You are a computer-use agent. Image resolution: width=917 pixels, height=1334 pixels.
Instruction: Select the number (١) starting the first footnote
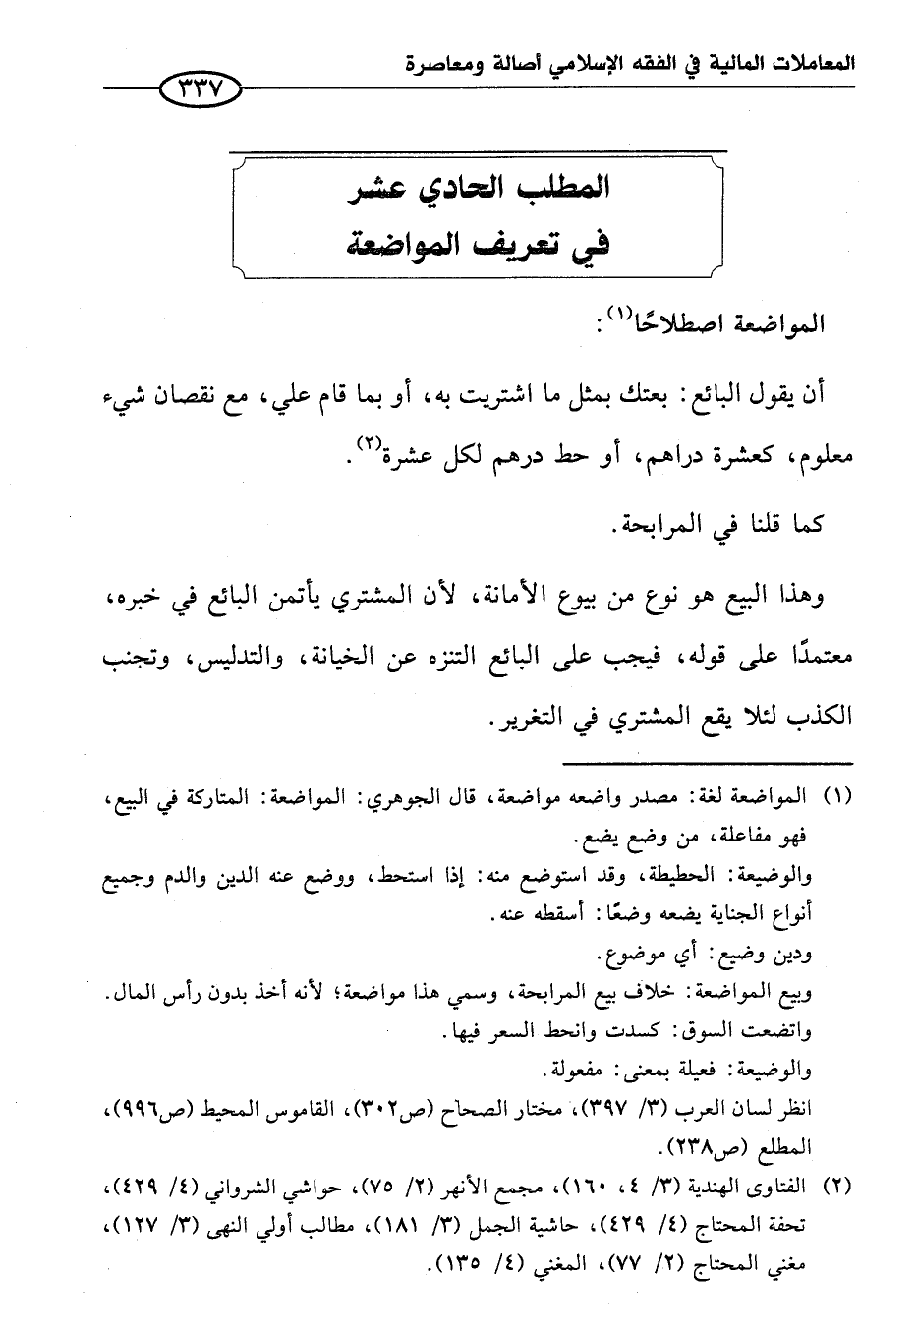pos(834,795)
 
